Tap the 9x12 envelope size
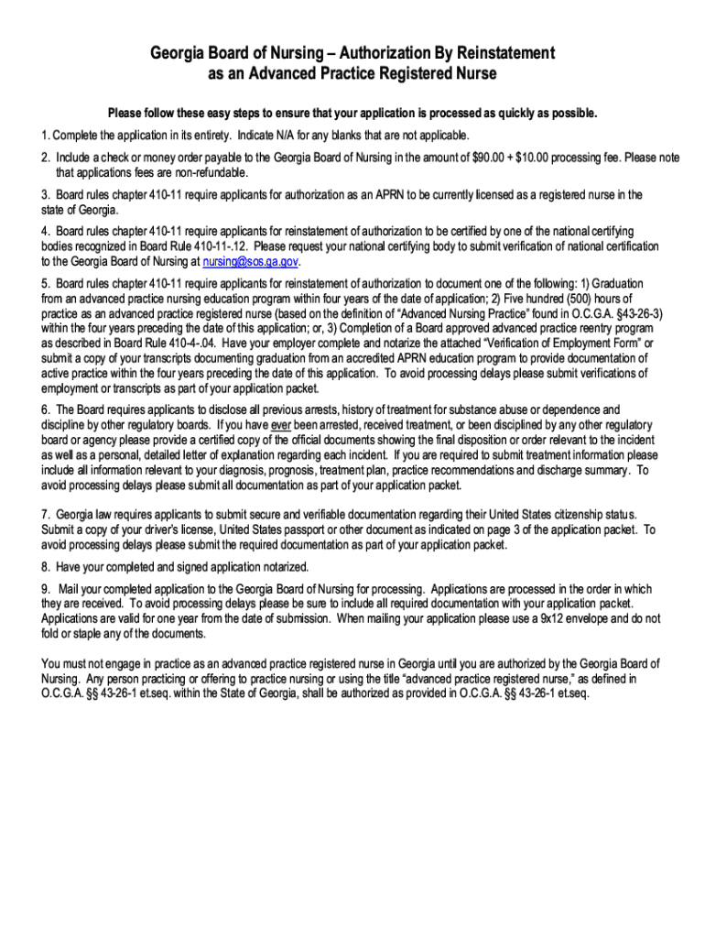[551, 618]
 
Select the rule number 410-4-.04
[197, 344]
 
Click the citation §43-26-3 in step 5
[635, 314]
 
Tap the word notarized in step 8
[280, 566]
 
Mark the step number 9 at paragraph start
[45, 589]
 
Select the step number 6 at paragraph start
[45, 410]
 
